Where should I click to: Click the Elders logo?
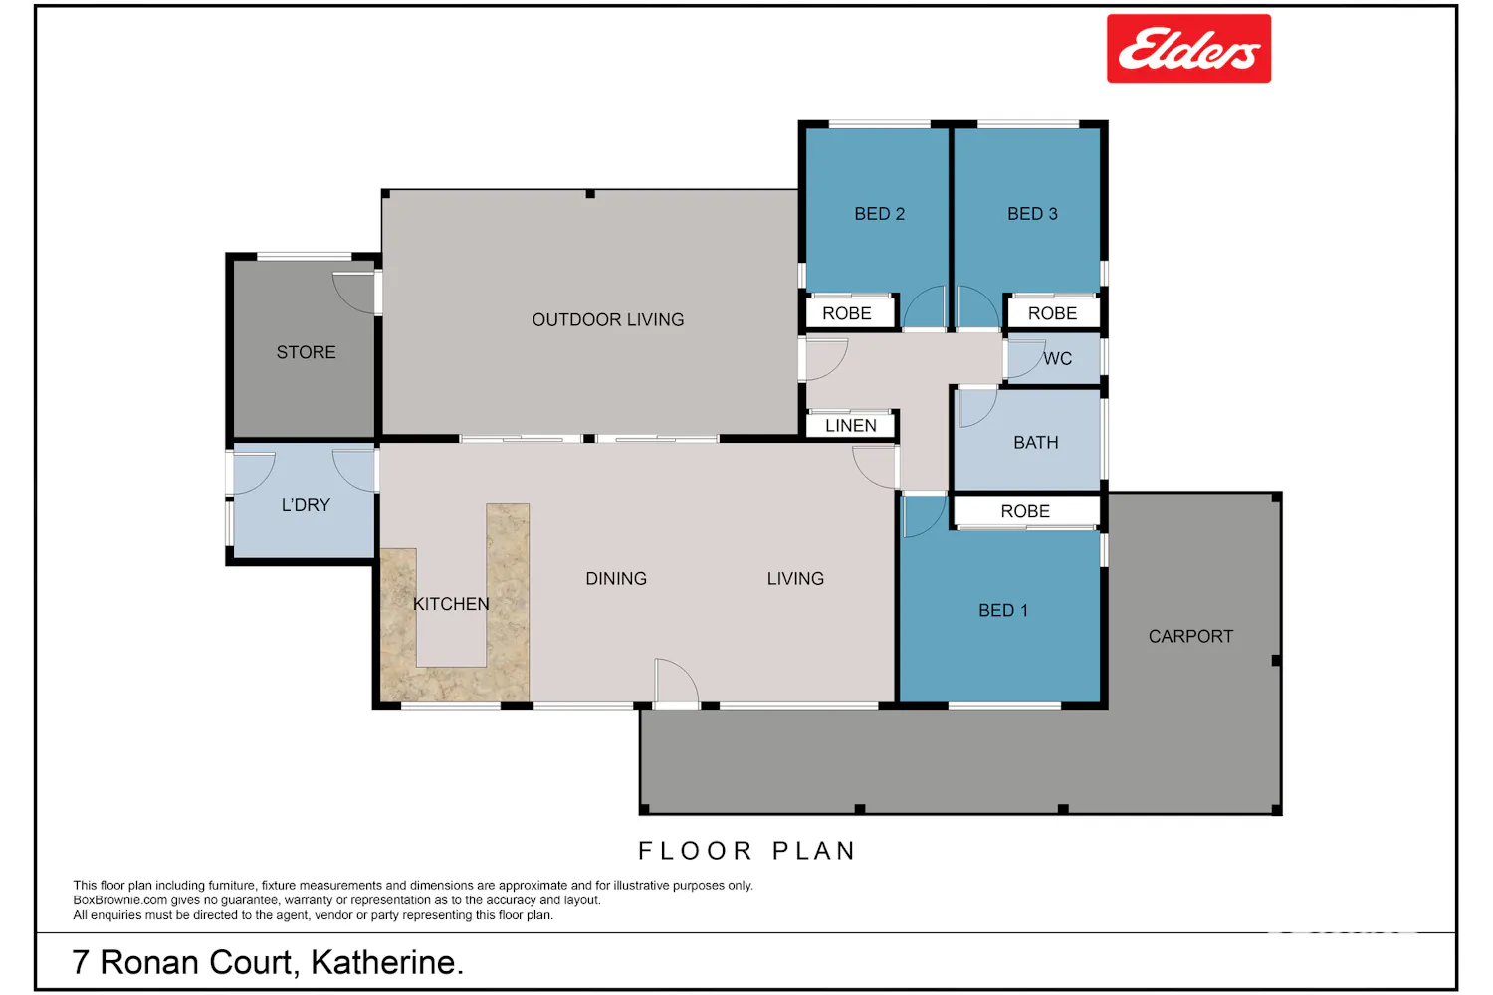tap(1188, 49)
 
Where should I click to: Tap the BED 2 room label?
tap(879, 214)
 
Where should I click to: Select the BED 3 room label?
tap(1032, 214)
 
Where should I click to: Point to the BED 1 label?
tap(1002, 611)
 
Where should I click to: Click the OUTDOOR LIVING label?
tap(608, 320)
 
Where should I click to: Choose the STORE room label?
tap(306, 352)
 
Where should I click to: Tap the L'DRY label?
tap(306, 505)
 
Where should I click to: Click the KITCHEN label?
tap(451, 604)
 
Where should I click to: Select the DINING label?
tap(616, 578)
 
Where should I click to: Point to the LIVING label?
tap(795, 578)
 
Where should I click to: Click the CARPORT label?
tap(1190, 636)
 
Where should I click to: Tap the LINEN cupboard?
tap(850, 425)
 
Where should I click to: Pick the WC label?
tap(1058, 359)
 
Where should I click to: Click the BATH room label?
tap(1036, 443)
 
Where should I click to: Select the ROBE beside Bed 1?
tap(1025, 511)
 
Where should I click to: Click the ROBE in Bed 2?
tap(846, 313)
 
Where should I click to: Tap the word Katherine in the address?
tap(386, 962)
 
